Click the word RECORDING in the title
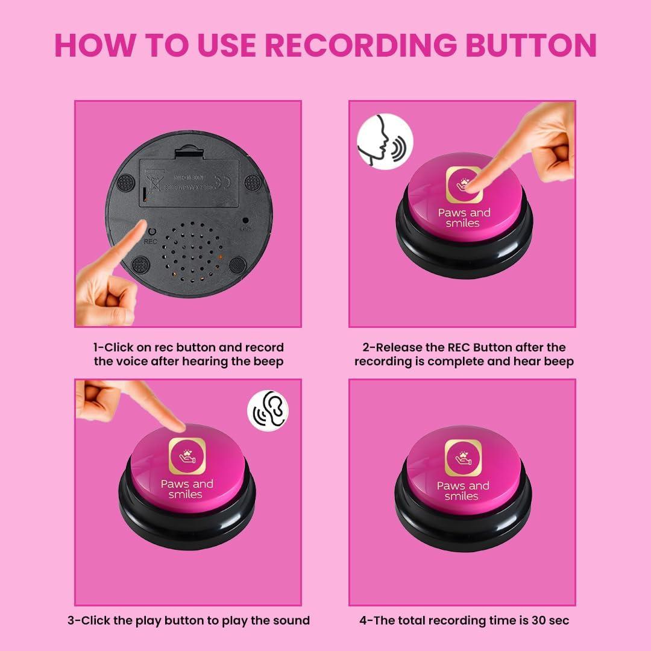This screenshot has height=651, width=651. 360,45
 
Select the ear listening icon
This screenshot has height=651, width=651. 268,412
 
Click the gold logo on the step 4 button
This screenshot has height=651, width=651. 463,458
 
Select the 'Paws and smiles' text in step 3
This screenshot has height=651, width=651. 186,489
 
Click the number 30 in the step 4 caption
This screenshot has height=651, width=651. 541,620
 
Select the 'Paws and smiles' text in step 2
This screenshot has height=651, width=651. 464,218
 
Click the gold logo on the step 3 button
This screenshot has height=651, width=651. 187,456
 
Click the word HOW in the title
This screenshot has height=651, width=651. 92,45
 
